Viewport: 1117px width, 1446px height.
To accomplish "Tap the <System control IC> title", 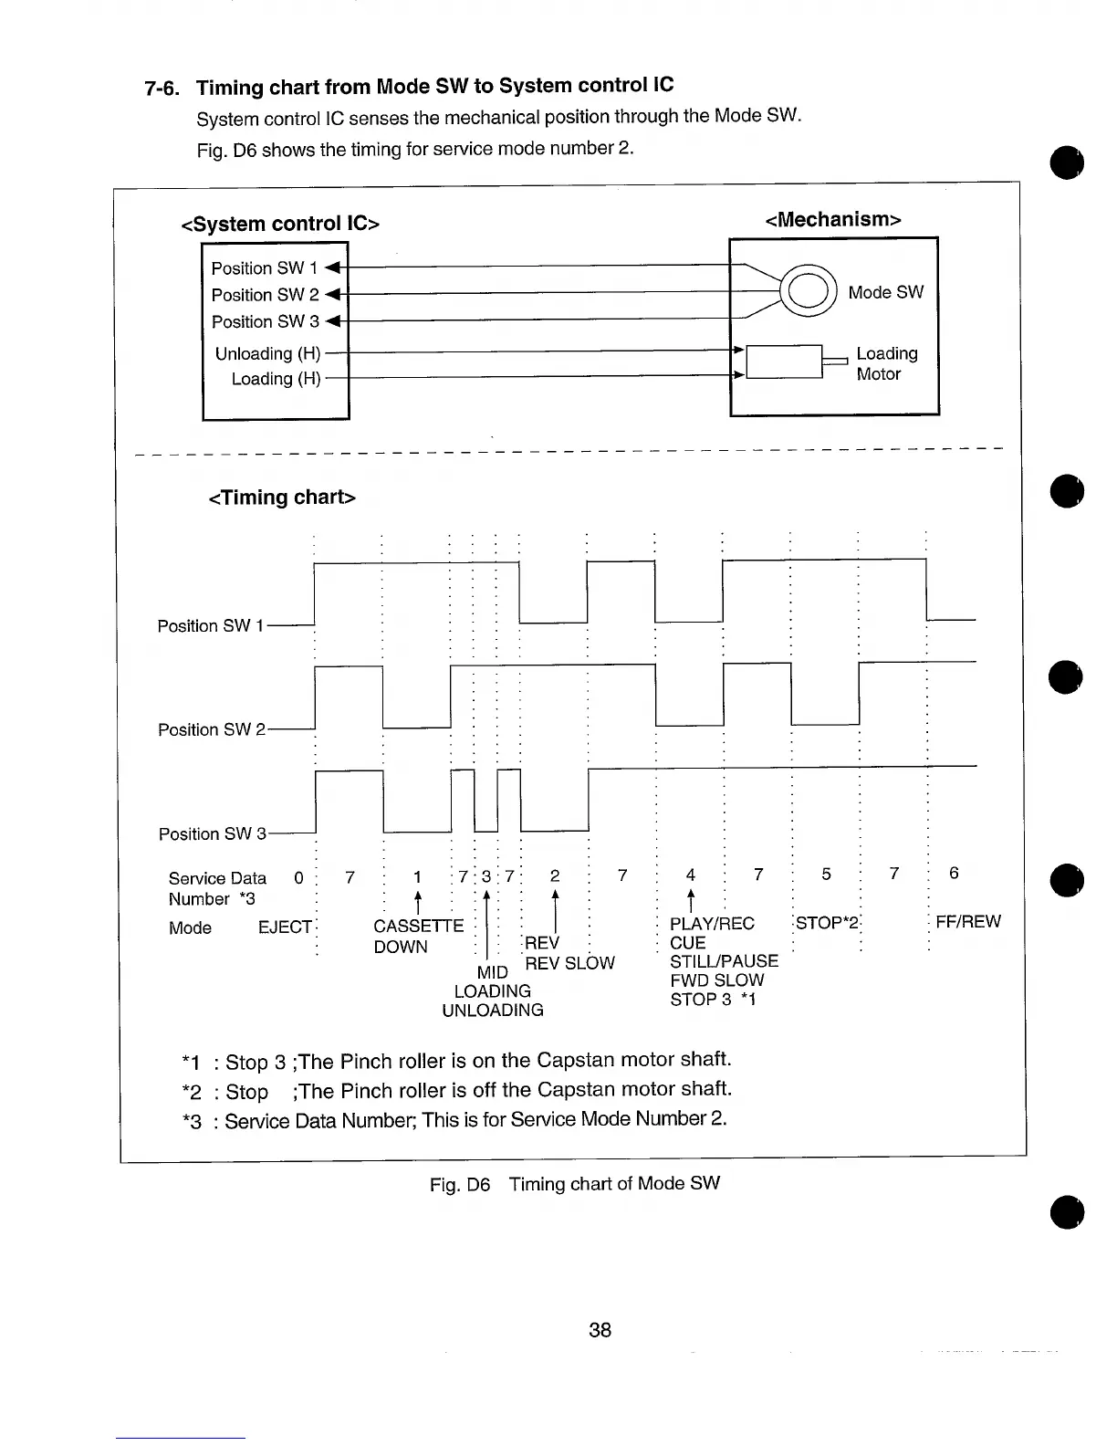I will pyautogui.click(x=280, y=224).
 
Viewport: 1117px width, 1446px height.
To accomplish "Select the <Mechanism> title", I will pyautogui.click(x=833, y=219).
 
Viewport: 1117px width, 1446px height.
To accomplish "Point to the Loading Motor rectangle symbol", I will pyautogui.click(x=784, y=361).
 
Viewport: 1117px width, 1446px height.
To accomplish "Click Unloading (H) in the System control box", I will pyautogui.click(x=267, y=353).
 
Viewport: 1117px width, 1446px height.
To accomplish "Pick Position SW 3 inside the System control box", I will pyautogui.click(x=265, y=321).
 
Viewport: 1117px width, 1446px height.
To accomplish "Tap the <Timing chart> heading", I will pyautogui.click(x=282, y=498).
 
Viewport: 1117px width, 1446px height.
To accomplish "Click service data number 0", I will pyautogui.click(x=298, y=877).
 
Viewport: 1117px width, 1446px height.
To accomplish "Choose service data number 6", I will pyautogui.click(x=954, y=874).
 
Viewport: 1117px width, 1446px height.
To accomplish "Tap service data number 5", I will pyautogui.click(x=826, y=875).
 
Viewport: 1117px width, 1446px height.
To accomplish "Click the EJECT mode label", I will pyautogui.click(x=285, y=927).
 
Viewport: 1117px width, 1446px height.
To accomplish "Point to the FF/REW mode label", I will pyautogui.click(x=968, y=922).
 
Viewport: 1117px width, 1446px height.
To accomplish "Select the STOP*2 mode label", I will pyautogui.click(x=828, y=923).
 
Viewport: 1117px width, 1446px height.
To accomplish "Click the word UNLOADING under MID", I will pyautogui.click(x=493, y=1011).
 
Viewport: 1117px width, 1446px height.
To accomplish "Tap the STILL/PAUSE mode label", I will pyautogui.click(x=724, y=961).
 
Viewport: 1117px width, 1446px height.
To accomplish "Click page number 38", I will pyautogui.click(x=600, y=1330).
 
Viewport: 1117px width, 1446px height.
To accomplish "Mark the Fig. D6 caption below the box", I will pyautogui.click(x=575, y=1184).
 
